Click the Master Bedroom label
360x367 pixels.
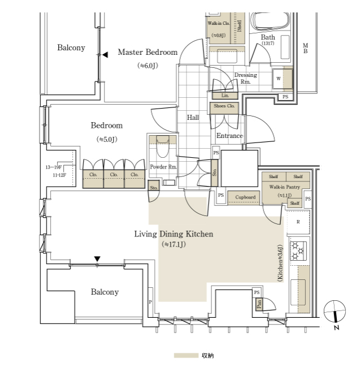point(148,52)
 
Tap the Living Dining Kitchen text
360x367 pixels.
point(174,234)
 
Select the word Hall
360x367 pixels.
point(193,117)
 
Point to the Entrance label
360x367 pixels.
point(229,136)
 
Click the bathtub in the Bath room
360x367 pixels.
point(271,21)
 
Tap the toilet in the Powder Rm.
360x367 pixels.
point(163,147)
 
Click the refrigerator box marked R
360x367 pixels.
point(298,222)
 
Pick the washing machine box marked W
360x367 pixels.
point(279,79)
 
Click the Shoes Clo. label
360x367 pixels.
point(224,106)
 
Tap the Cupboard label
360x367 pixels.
point(245,197)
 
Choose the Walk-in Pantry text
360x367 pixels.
point(284,187)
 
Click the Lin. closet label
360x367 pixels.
point(225,96)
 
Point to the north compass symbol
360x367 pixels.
point(335,311)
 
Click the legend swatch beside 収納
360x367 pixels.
point(186,356)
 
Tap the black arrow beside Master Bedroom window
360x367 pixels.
point(105,55)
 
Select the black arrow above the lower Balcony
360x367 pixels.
point(97,259)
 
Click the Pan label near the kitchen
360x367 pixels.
point(259,304)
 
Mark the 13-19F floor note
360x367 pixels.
point(54,167)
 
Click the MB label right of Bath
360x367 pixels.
point(306,48)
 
